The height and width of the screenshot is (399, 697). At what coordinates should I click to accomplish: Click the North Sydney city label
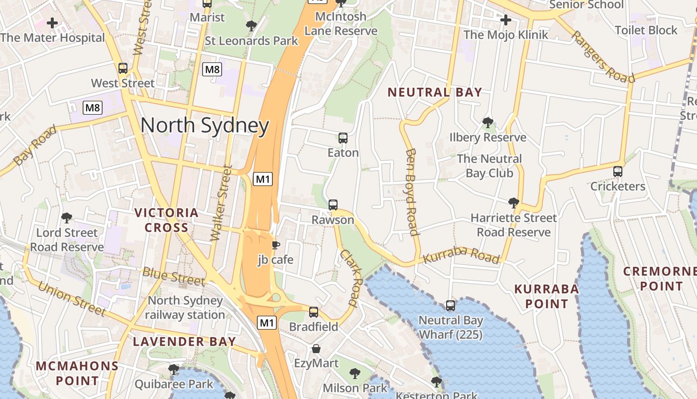point(205,126)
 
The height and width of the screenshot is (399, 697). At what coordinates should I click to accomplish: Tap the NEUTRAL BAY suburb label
point(435,92)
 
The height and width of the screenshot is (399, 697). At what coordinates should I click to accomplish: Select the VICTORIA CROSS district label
point(167,220)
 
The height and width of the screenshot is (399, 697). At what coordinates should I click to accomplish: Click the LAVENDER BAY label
point(184,342)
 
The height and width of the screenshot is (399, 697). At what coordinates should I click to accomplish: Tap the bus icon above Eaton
point(343,138)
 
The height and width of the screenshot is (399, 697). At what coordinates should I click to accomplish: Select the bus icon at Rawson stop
point(333,205)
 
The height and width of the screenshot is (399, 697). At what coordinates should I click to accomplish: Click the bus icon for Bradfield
point(314,312)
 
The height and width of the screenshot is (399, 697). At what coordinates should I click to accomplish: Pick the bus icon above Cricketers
point(618,172)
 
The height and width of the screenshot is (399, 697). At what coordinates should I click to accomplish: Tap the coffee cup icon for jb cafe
point(275,245)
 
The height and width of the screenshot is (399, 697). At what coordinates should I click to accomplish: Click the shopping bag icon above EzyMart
point(316,349)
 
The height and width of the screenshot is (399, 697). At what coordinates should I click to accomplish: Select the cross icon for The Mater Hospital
point(52,23)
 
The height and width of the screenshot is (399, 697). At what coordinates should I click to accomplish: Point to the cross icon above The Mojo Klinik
point(506,20)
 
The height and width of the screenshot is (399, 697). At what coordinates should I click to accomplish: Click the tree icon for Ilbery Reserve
point(488,123)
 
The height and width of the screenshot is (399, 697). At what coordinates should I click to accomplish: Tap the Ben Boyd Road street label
point(411,192)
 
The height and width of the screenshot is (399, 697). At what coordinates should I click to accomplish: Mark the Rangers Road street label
point(602,57)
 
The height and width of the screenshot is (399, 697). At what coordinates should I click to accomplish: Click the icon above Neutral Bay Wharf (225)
point(451,305)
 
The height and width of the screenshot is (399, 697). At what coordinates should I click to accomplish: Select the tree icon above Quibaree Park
point(174,370)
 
